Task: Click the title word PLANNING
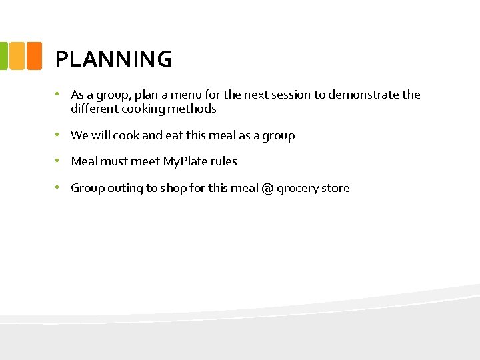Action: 113,59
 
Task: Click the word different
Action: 93,109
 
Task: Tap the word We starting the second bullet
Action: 79,135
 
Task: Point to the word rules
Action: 224,161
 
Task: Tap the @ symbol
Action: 267,188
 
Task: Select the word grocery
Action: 299,189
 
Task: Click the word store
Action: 336,188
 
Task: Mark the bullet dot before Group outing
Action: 59,187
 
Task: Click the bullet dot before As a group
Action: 59,94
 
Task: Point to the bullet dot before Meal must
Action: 59,161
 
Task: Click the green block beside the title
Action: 3,56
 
